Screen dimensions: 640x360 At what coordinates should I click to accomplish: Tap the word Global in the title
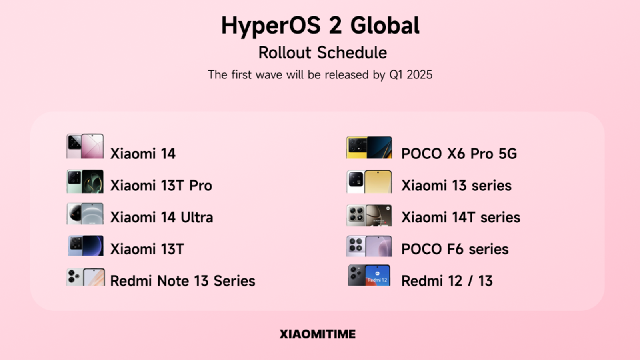click(385, 25)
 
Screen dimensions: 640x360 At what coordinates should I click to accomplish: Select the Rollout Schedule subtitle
click(322, 52)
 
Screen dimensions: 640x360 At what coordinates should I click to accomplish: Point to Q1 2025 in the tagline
click(410, 75)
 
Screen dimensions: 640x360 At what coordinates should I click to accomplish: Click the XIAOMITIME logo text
click(318, 334)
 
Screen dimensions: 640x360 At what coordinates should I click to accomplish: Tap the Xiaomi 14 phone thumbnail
click(85, 146)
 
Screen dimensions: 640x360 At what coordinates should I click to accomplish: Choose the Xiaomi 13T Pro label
click(161, 186)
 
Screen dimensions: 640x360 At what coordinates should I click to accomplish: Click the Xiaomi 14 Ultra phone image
click(85, 214)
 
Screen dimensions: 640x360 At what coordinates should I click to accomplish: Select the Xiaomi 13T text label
click(147, 249)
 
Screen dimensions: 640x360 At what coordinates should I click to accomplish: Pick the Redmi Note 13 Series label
click(182, 280)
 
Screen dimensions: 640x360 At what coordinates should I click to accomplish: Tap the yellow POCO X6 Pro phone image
click(369, 148)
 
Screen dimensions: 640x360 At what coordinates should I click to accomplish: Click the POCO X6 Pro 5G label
click(459, 154)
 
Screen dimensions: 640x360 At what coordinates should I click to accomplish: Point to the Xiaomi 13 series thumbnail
click(369, 182)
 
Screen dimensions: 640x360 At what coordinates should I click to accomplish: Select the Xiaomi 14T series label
click(460, 217)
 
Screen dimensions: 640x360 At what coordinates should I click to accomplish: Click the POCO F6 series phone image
click(369, 246)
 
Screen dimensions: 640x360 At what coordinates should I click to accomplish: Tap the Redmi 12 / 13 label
click(447, 280)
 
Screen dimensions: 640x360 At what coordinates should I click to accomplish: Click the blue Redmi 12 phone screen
click(378, 276)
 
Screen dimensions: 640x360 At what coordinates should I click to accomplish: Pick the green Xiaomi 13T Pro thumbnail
click(85, 182)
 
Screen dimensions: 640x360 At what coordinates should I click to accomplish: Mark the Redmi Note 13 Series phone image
click(86, 277)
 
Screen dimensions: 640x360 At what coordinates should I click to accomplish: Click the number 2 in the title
click(335, 25)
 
